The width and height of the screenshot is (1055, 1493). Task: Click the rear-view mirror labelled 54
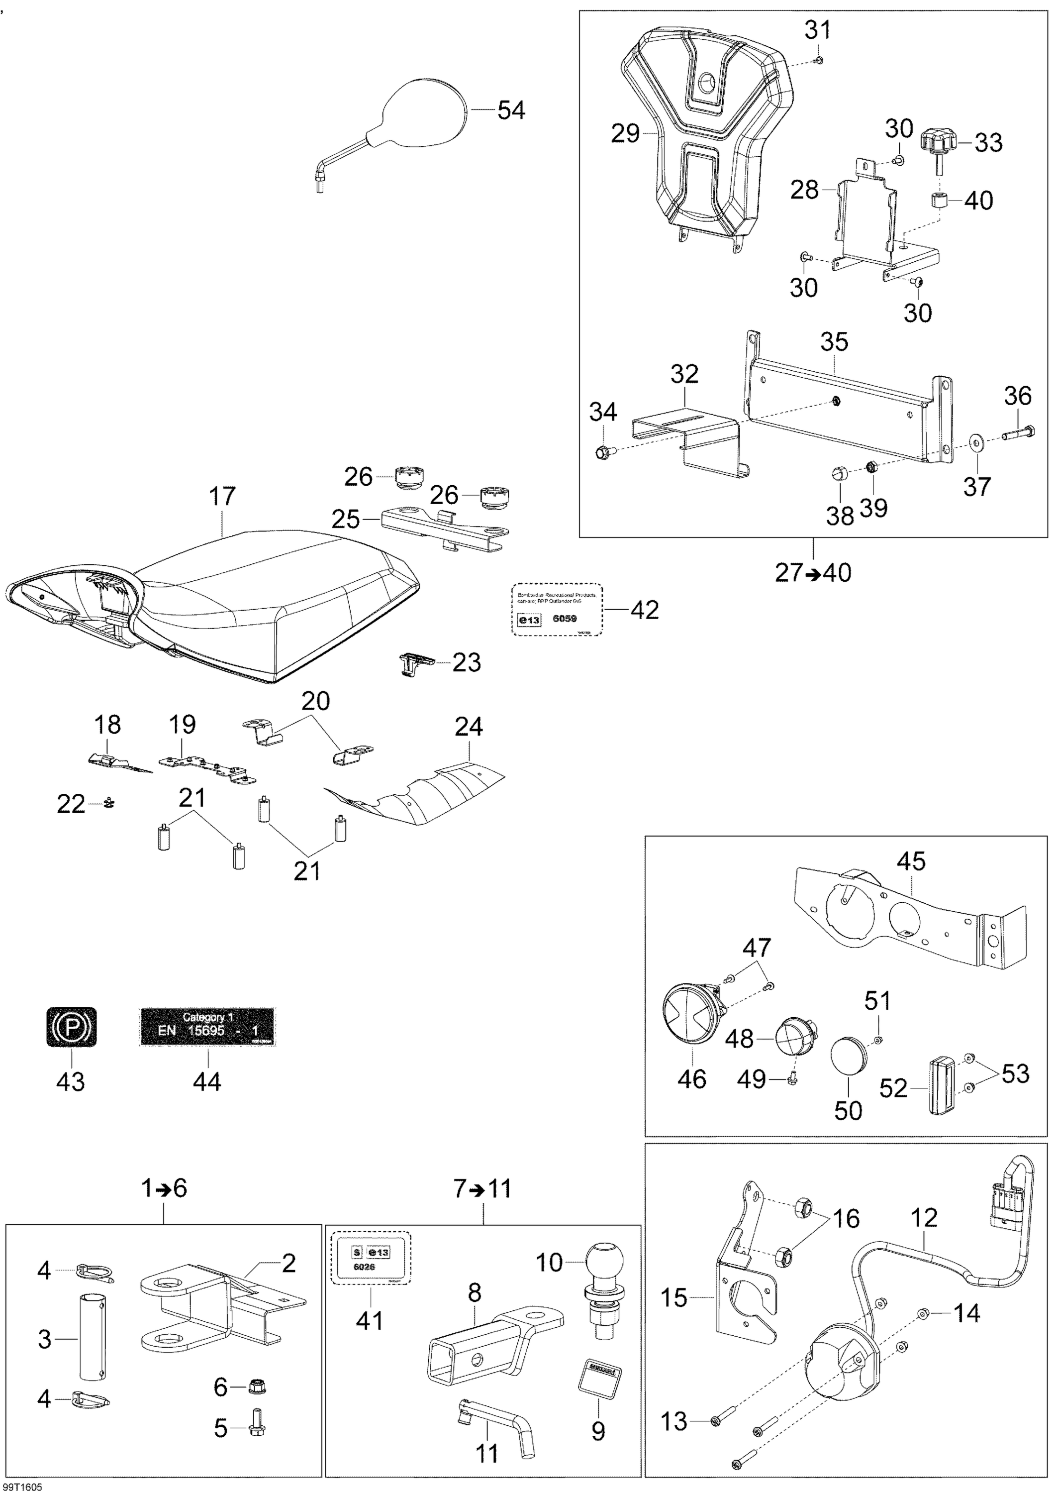[x=422, y=114]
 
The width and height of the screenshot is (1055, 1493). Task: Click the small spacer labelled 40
[x=939, y=199]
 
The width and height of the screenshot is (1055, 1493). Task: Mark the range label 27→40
[x=813, y=573]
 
